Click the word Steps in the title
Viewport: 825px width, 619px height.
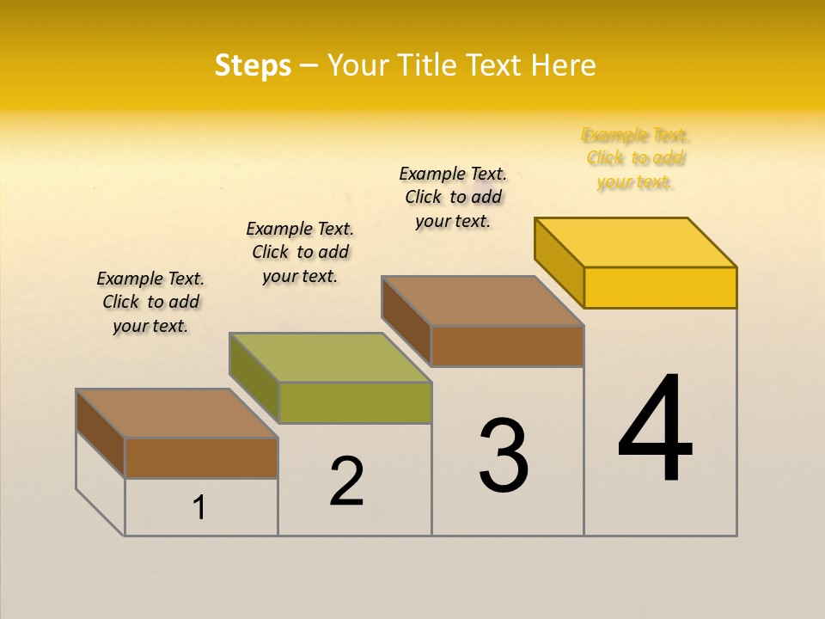[x=253, y=66]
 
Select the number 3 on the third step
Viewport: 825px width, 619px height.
[x=503, y=456]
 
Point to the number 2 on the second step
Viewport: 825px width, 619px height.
[x=346, y=481]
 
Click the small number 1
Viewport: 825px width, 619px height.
[x=199, y=508]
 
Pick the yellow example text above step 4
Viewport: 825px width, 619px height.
[x=635, y=159]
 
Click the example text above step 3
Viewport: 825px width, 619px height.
[x=453, y=197]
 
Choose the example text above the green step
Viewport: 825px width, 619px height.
[x=300, y=252]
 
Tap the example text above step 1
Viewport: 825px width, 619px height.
[x=150, y=302]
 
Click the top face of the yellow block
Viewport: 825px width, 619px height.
[x=636, y=242]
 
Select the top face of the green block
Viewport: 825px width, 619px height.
[x=330, y=357]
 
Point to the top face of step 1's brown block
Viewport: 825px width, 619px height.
[x=177, y=414]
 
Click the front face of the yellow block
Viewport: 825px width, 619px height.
[x=660, y=287]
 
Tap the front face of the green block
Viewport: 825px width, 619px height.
[x=355, y=402]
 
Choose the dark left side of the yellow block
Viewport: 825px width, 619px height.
[x=559, y=262]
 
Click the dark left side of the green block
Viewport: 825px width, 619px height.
[x=254, y=377]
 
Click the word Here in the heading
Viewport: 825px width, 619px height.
[x=563, y=66]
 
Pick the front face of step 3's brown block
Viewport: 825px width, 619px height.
[x=507, y=346]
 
